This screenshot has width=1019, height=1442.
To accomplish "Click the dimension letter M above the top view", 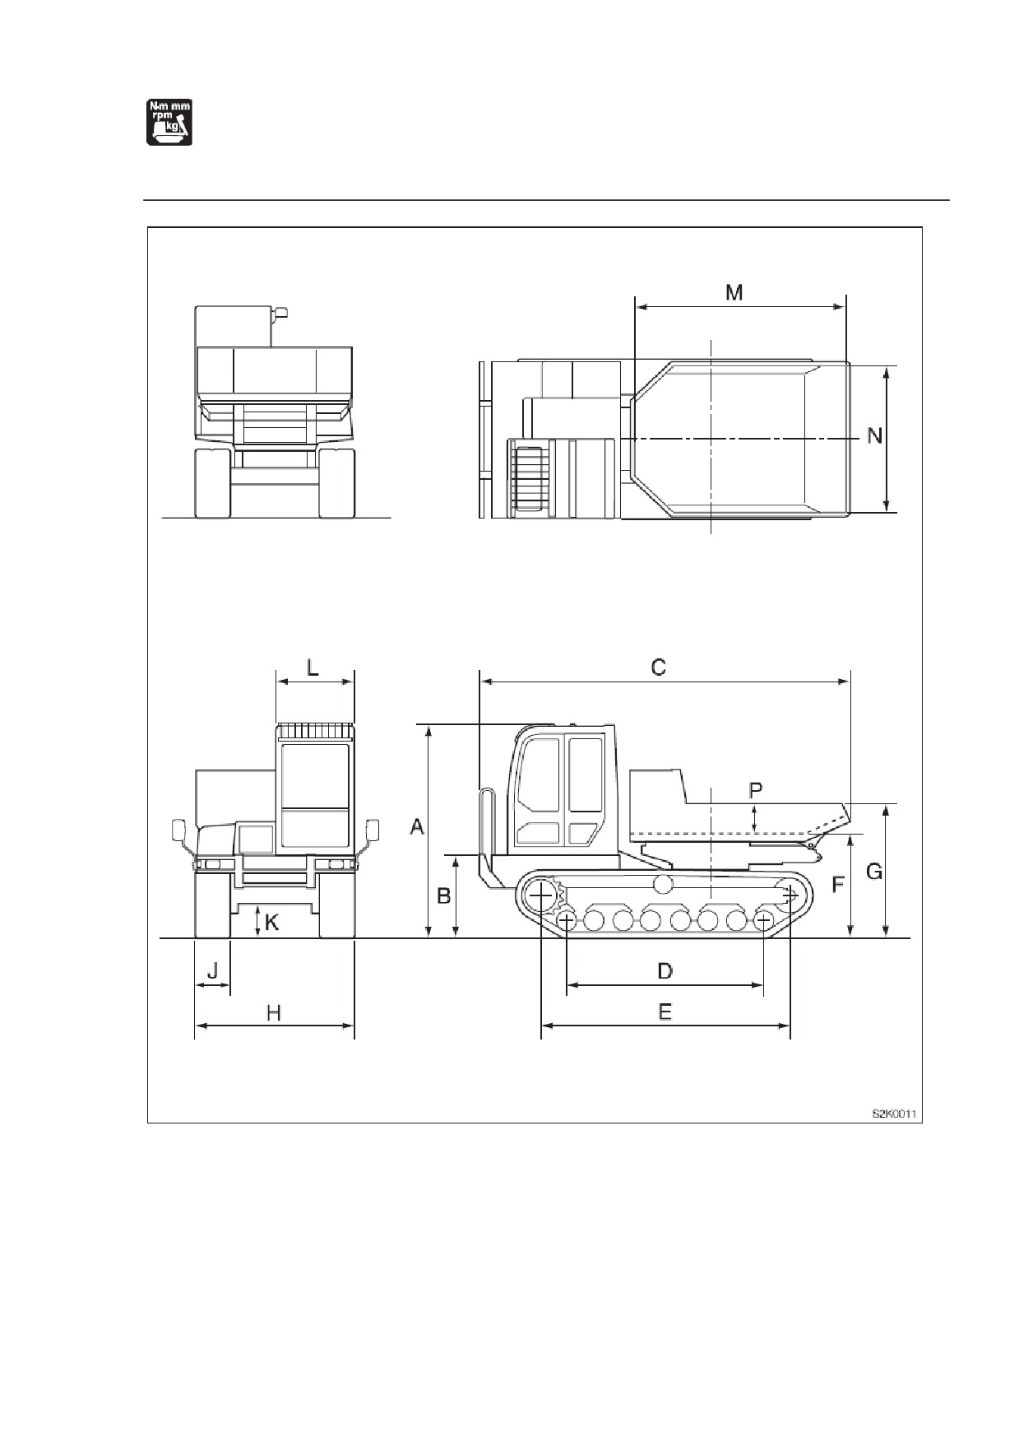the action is coord(734,292).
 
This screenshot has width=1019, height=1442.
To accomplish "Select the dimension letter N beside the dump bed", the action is coord(874,435).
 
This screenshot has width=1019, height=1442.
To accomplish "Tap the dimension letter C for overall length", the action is coord(658,667).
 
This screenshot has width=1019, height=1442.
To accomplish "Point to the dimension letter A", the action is coord(417,826).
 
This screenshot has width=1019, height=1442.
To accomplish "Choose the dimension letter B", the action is coord(443,895).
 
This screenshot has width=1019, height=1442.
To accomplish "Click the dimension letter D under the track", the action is coord(665,971).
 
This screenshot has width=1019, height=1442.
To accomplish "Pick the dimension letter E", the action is coord(665,1011).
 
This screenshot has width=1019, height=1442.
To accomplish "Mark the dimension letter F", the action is coord(837,885).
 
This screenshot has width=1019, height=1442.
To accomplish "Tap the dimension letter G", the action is coord(874,871).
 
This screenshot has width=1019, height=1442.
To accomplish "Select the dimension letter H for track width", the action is coord(274,1012).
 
